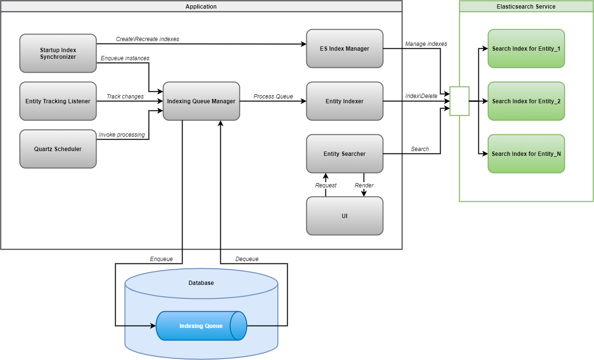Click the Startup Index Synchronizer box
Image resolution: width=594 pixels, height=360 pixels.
(x=58, y=53)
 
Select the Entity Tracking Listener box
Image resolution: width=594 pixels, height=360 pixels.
(x=58, y=101)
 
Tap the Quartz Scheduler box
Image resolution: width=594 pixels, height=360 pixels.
(x=58, y=149)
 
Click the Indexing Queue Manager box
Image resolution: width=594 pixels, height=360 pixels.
(x=201, y=101)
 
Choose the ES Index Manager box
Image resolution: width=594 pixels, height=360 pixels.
(x=345, y=48)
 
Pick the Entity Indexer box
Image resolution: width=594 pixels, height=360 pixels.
(x=345, y=101)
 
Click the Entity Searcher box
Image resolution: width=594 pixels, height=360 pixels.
(x=345, y=153)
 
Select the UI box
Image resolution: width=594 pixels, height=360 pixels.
(x=345, y=216)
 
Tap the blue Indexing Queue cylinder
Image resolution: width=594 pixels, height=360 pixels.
(x=201, y=326)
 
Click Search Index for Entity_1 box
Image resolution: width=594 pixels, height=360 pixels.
(x=526, y=48)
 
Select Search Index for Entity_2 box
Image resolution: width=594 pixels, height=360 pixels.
(x=526, y=101)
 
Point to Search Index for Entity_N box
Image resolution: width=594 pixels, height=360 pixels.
(x=526, y=153)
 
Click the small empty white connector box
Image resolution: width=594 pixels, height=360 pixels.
(x=459, y=101)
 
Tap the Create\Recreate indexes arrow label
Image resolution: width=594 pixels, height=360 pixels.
(x=148, y=39)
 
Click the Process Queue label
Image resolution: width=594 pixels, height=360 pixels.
(x=273, y=96)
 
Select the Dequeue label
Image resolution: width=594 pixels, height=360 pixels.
(x=247, y=259)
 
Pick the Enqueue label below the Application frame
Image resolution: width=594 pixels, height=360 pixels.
(x=161, y=259)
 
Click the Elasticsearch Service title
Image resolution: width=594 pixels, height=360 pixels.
(x=526, y=6)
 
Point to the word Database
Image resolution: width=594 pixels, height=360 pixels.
(x=201, y=283)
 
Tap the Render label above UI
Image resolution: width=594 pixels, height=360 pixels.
(x=364, y=185)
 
